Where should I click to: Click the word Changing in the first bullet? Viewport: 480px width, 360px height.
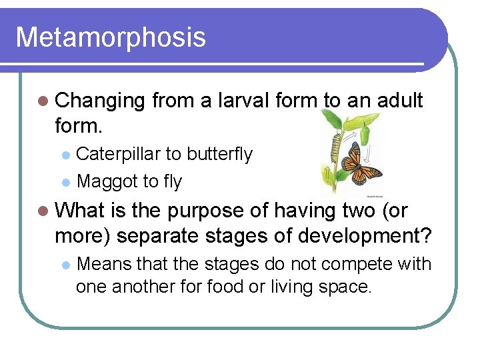tap(100, 101)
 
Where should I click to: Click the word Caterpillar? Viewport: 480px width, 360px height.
tap(118, 154)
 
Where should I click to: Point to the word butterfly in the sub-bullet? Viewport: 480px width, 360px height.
tap(220, 154)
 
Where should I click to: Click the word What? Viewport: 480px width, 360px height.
tap(83, 211)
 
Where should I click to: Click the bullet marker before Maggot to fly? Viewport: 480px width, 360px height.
tap(65, 182)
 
